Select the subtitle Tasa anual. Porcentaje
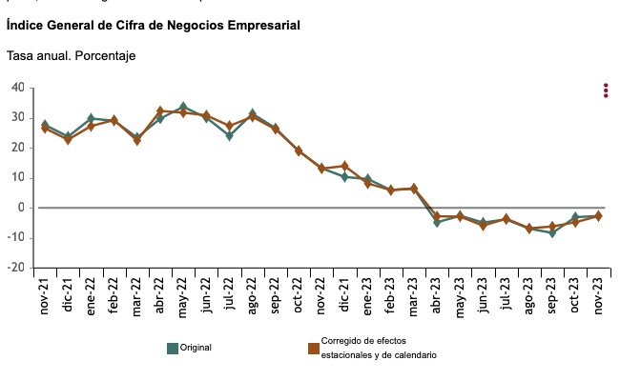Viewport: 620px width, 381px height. (x=71, y=56)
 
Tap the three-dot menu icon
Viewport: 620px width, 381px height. (x=606, y=90)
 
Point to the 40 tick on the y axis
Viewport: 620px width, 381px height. (x=18, y=88)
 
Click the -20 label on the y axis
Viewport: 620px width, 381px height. (x=15, y=268)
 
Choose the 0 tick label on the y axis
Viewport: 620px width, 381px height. (x=21, y=208)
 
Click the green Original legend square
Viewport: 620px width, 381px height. (x=173, y=348)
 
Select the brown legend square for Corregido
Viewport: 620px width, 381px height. (x=313, y=348)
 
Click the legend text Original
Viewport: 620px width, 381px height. (x=196, y=348)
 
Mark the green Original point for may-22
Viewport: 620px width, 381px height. (x=183, y=107)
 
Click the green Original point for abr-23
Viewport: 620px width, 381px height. (x=437, y=222)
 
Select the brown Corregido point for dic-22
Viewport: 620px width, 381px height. (x=344, y=166)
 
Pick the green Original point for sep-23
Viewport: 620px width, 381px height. (x=551, y=232)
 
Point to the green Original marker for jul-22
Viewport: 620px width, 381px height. (x=229, y=135)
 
